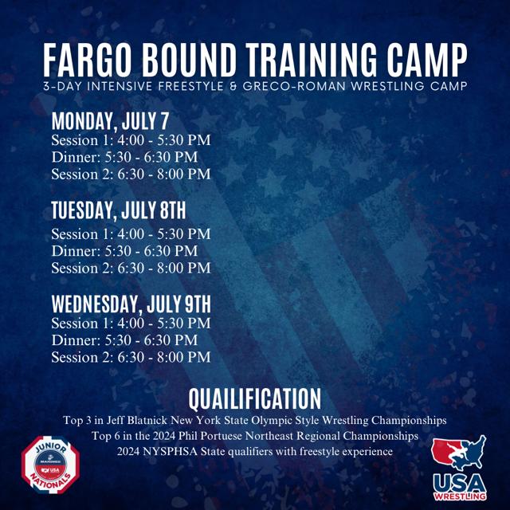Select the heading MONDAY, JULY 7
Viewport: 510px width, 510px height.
point(110,121)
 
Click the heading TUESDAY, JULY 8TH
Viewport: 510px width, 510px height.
point(119,210)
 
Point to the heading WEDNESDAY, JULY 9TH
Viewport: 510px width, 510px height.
point(131,304)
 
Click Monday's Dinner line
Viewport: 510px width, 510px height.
point(124,157)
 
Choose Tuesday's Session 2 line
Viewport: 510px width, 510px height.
point(131,268)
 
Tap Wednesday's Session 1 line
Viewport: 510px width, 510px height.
point(131,324)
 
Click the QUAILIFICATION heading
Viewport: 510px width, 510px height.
point(255,398)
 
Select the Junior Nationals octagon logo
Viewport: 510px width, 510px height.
point(51,465)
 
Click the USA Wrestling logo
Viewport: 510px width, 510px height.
point(459,468)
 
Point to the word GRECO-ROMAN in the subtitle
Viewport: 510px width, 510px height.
point(294,86)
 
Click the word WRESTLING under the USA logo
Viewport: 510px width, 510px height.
point(460,496)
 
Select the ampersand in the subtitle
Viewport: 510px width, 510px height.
point(233,86)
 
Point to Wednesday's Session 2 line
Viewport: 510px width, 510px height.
point(131,357)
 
